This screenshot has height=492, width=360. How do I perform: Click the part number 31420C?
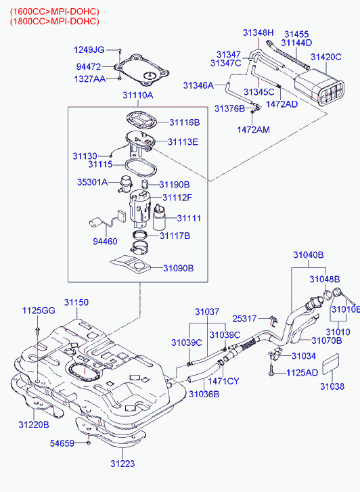326,58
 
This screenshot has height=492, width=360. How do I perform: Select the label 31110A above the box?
138,95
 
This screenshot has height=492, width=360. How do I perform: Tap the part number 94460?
105,240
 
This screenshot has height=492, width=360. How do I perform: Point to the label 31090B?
178,268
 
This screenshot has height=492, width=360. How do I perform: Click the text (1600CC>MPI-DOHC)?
54,10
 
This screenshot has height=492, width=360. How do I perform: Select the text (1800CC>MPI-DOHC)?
54,21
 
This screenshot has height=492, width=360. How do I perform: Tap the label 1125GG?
39,311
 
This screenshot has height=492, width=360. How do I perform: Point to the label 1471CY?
224,382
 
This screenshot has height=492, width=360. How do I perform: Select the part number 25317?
246,318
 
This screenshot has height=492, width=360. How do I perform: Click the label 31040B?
308,255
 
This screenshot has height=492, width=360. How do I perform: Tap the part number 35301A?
92,182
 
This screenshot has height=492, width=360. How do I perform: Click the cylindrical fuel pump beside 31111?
160,219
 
